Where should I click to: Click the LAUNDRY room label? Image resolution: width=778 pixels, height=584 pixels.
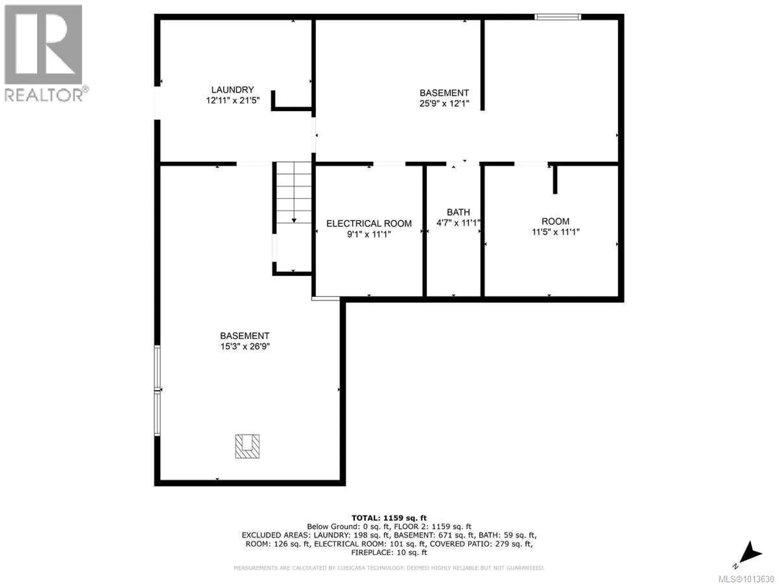232,90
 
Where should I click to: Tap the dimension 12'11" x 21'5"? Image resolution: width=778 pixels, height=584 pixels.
232,100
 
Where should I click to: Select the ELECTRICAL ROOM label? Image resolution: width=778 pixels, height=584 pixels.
369,223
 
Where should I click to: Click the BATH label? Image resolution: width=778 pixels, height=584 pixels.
458,212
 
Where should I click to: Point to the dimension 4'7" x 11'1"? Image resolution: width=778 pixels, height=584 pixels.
458,223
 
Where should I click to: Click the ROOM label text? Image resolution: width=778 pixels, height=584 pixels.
555,221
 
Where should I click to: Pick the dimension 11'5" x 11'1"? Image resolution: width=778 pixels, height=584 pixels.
555,232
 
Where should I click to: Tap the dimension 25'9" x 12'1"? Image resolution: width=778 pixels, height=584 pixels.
444,103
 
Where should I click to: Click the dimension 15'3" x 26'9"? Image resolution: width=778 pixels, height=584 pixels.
245,346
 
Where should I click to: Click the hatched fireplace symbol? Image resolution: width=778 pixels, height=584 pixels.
247,446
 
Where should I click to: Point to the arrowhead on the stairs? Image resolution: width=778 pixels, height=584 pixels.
294,220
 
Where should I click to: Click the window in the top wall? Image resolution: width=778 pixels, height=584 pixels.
558,17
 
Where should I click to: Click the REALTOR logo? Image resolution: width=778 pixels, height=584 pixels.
45,53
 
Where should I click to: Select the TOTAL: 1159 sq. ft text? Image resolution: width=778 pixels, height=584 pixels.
389,518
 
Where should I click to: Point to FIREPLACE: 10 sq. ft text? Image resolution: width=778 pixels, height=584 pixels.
389,552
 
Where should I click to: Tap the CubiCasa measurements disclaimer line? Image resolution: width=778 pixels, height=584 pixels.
389,568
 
